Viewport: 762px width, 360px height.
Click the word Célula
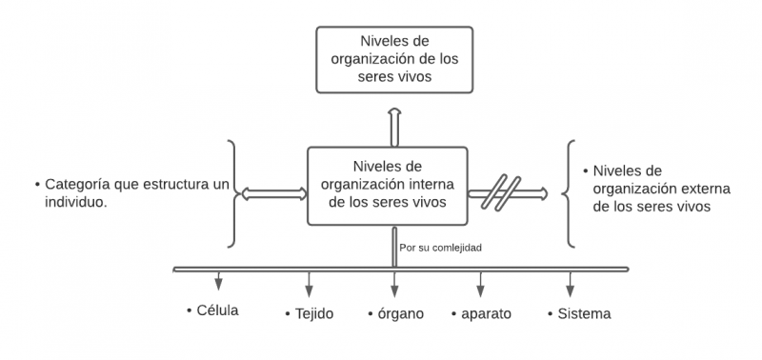(x=216, y=310)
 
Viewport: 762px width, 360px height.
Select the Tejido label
(x=313, y=313)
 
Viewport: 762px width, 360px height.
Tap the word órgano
(x=399, y=313)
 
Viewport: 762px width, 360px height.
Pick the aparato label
(x=487, y=313)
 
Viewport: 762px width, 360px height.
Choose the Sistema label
(x=583, y=313)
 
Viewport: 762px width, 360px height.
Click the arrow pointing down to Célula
(x=219, y=282)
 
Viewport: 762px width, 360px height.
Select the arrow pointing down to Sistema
(x=571, y=284)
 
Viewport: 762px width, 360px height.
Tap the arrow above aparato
(x=480, y=284)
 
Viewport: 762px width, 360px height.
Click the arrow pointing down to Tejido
(x=308, y=284)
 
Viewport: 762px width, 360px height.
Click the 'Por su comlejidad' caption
(x=441, y=248)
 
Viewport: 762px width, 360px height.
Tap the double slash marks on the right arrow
(x=498, y=193)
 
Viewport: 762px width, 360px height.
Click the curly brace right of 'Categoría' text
(x=232, y=193)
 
